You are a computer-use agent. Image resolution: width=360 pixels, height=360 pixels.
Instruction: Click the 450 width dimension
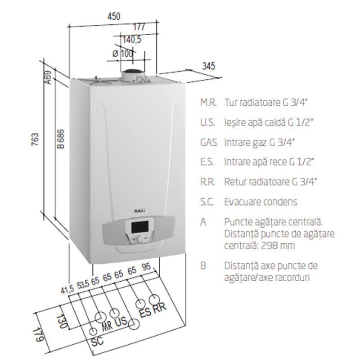(x=114, y=17)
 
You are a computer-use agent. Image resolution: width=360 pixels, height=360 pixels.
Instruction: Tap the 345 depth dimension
(x=209, y=66)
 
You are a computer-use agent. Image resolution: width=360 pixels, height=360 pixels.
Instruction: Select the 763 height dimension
(x=35, y=139)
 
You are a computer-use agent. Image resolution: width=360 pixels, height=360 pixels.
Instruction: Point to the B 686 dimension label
(x=61, y=139)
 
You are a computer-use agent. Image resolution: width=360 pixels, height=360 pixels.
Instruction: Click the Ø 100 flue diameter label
(x=123, y=54)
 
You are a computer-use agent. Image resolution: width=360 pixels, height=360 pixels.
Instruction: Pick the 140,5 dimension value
(x=131, y=40)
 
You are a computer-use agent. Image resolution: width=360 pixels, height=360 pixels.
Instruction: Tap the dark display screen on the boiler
(x=139, y=227)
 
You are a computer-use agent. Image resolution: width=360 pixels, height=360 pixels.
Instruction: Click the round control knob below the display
(x=140, y=239)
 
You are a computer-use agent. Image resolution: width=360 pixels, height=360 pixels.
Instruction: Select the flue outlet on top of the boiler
(x=133, y=75)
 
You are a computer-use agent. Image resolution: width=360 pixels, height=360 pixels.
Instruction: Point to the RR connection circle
(x=154, y=300)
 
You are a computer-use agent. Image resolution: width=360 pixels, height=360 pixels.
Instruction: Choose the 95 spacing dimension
(x=146, y=267)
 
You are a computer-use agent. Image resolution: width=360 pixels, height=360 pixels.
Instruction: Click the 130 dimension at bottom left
(x=62, y=321)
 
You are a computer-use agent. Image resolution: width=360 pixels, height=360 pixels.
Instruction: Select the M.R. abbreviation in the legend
(x=208, y=103)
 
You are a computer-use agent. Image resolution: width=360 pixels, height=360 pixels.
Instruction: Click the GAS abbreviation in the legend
(x=208, y=143)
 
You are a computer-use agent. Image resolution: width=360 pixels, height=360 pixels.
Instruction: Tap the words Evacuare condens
(x=261, y=202)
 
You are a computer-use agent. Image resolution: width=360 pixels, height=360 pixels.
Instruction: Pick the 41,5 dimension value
(x=67, y=290)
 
